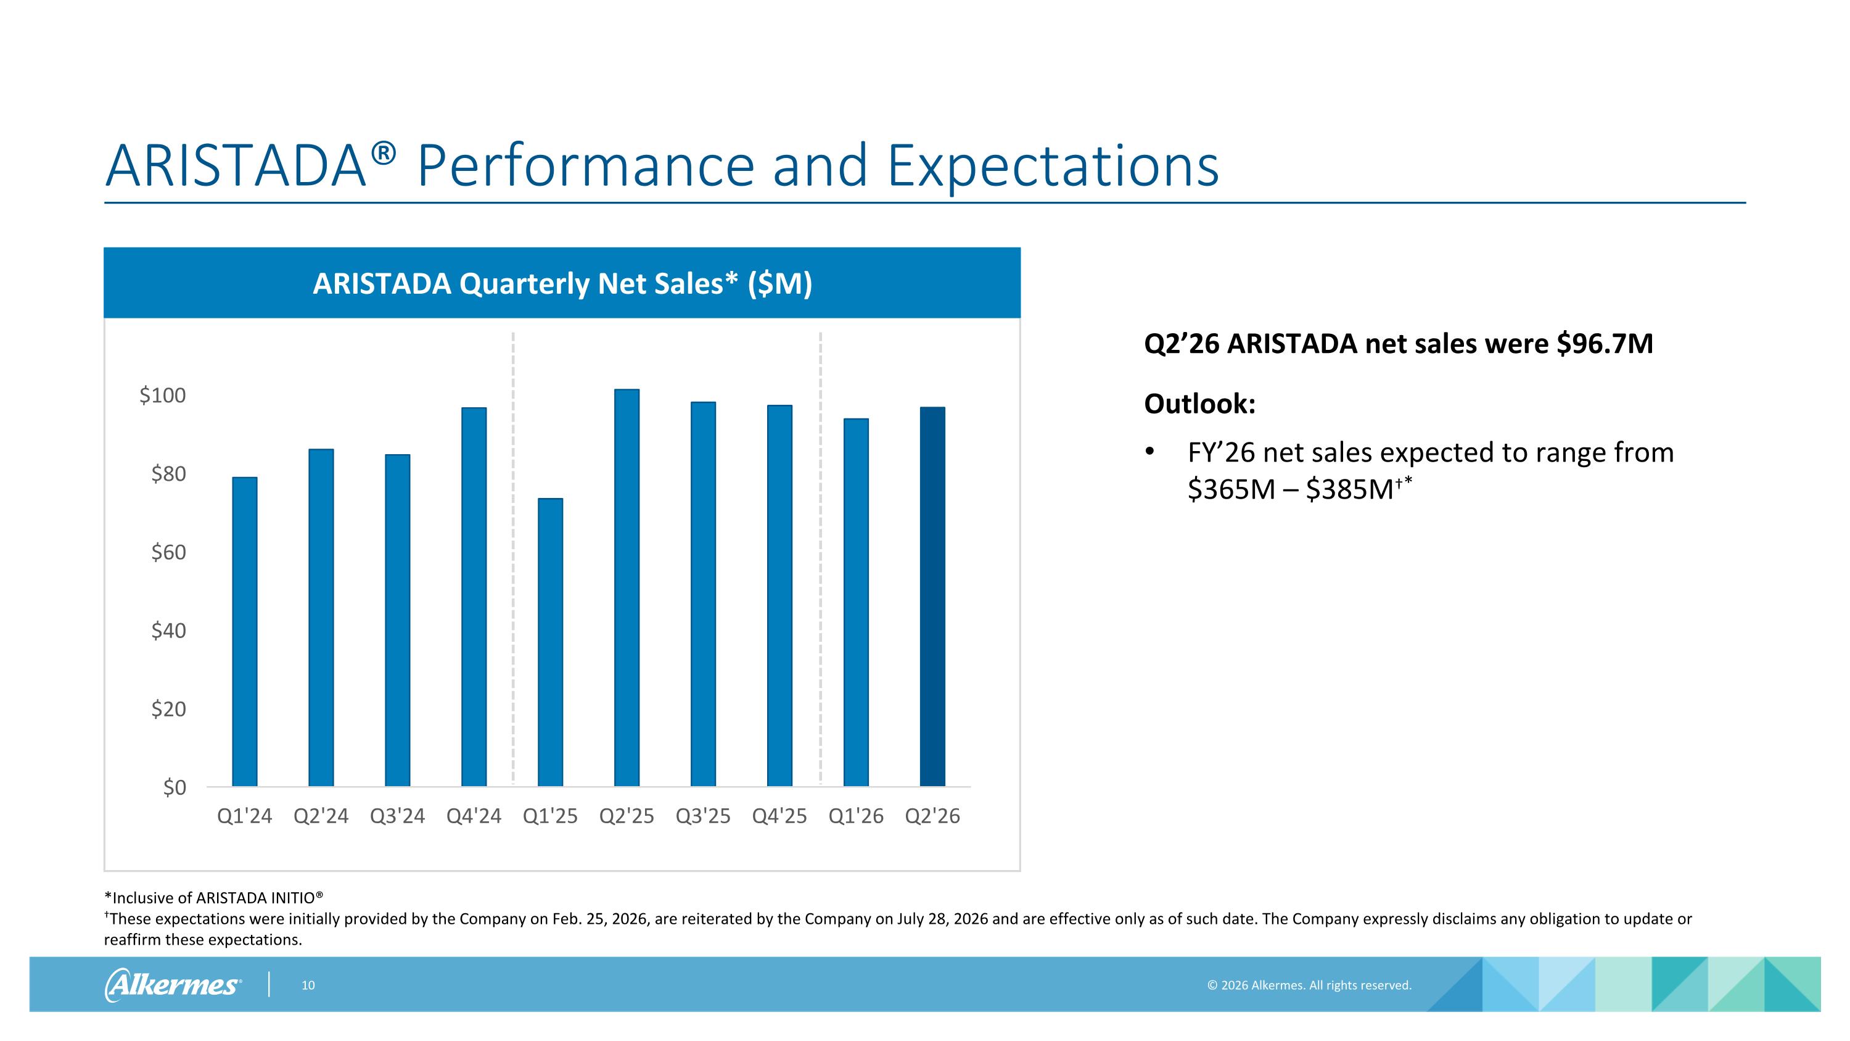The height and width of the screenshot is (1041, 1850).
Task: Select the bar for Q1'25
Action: [x=550, y=642]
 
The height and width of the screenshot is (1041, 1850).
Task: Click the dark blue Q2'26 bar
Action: [x=932, y=597]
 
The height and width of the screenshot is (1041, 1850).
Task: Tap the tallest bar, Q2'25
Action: [x=627, y=587]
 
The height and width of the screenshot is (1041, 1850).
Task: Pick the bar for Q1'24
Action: [x=244, y=631]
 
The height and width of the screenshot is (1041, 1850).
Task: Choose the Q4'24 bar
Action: [x=474, y=597]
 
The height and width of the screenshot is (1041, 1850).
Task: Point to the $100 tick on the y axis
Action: [x=162, y=395]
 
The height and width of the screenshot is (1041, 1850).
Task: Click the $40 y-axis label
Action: [x=168, y=631]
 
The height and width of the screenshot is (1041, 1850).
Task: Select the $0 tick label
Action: [x=175, y=787]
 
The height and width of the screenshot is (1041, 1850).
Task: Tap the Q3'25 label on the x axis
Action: [x=703, y=816]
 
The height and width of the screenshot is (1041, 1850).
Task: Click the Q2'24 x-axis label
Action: [x=321, y=816]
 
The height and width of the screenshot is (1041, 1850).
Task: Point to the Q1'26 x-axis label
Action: [x=856, y=816]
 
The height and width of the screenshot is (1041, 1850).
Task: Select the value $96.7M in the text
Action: [x=1605, y=344]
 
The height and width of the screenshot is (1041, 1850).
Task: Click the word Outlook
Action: [x=1199, y=404]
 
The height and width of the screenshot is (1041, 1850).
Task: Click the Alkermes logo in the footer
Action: [x=173, y=984]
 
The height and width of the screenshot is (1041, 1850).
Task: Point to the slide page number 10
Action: [x=308, y=985]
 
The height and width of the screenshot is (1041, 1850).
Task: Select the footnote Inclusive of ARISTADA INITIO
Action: [x=214, y=898]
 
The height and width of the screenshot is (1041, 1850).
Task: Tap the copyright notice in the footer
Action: [x=1309, y=985]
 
